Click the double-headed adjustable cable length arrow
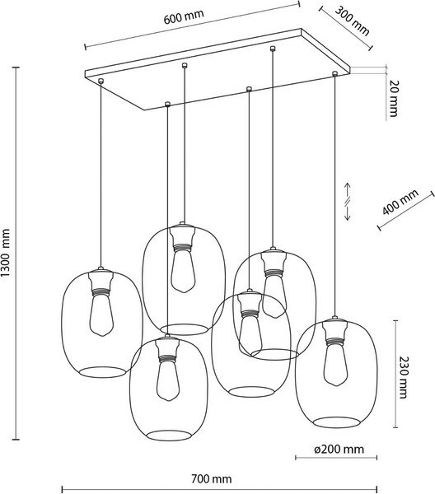click(x=348, y=202)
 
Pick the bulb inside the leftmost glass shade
click(x=102, y=316)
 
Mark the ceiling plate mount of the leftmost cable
click(x=101, y=81)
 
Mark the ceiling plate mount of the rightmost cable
click(x=334, y=75)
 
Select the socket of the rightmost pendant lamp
click(x=334, y=331)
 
